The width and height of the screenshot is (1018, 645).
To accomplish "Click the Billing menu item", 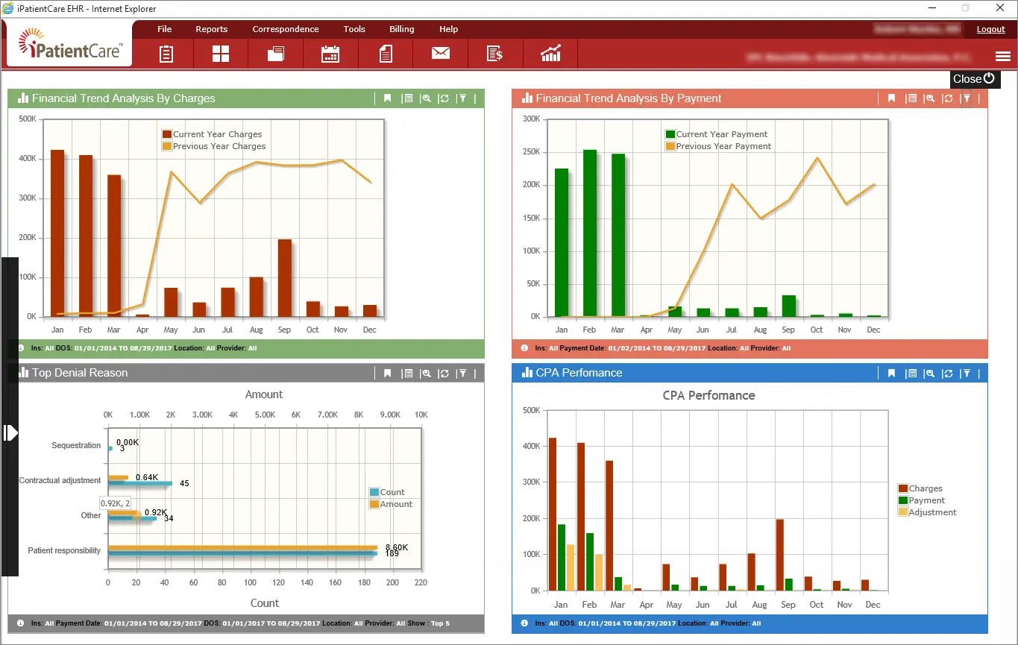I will (x=401, y=29).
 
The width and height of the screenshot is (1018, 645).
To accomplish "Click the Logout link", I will (x=990, y=29).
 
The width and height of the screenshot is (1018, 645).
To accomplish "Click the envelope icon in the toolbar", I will (x=441, y=54).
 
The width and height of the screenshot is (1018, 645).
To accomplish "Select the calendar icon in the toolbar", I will (x=330, y=54).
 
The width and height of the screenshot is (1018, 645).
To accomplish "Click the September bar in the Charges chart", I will (x=284, y=277).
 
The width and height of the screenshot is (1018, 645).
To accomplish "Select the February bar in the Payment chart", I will (x=590, y=233).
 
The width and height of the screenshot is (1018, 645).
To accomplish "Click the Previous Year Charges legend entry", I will (x=219, y=146).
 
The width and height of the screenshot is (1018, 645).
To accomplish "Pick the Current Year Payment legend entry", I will (x=721, y=134).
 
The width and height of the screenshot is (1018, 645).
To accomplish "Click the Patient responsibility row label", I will (x=64, y=551).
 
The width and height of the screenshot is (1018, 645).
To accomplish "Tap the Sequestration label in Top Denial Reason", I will (x=76, y=445).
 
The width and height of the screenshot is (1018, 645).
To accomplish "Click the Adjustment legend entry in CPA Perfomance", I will (x=931, y=512).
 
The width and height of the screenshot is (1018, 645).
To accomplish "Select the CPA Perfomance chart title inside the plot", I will (x=708, y=396).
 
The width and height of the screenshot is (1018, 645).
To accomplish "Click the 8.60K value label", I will (x=396, y=547).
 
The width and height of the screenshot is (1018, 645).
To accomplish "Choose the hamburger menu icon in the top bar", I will (x=1002, y=57).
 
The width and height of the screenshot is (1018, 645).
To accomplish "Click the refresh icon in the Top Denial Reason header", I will (x=444, y=374).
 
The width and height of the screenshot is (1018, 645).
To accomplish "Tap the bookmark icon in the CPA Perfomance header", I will (x=891, y=374).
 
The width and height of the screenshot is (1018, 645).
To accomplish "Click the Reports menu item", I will (x=212, y=29).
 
